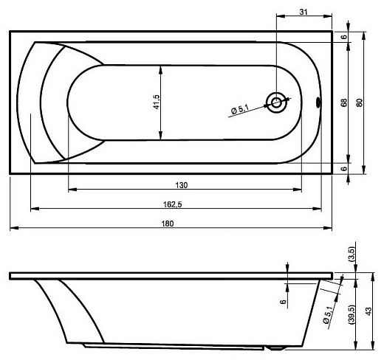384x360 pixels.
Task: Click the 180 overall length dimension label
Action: pyautogui.click(x=168, y=224)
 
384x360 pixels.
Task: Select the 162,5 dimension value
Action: pyautogui.click(x=173, y=204)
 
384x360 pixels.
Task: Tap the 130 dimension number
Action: pyautogui.click(x=182, y=185)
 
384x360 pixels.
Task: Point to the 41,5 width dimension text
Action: pyautogui.click(x=157, y=102)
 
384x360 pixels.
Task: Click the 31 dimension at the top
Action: pyautogui.click(x=304, y=12)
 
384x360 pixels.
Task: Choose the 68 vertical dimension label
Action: pyautogui.click(x=344, y=103)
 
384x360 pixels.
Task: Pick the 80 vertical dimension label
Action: pyautogui.click(x=360, y=103)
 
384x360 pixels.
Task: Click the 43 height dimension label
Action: pyautogui.click(x=368, y=311)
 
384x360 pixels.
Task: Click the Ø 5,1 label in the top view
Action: pyautogui.click(x=240, y=109)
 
